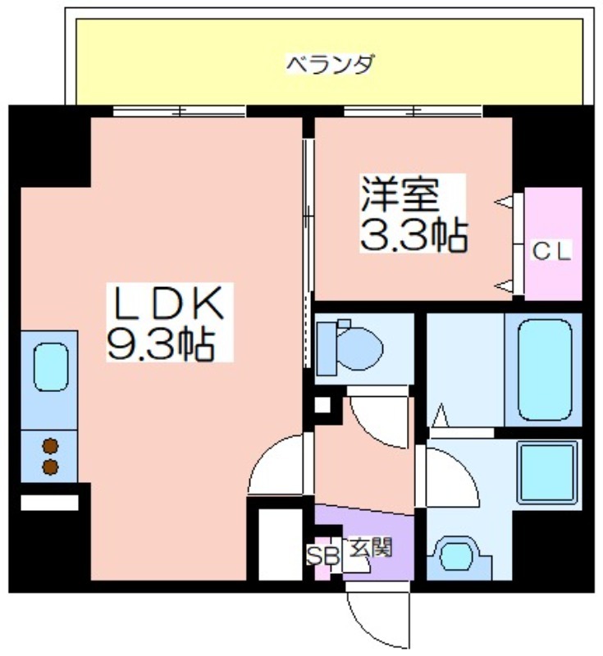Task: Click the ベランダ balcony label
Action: (329, 65)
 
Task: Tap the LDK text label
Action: (169, 302)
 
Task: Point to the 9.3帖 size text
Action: (162, 344)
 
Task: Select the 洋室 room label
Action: (400, 195)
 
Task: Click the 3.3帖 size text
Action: (413, 236)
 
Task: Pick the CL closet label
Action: (551, 252)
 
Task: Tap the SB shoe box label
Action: (323, 555)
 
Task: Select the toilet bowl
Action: (349, 348)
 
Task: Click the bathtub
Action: (545, 370)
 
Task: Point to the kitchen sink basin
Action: (51, 367)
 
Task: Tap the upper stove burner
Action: (50, 446)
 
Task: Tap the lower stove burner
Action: (50, 467)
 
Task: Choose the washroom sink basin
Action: (457, 554)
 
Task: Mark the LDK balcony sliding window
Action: (180, 112)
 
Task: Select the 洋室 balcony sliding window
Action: (413, 112)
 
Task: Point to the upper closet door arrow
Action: (504, 201)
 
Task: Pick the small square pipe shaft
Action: (322, 404)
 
